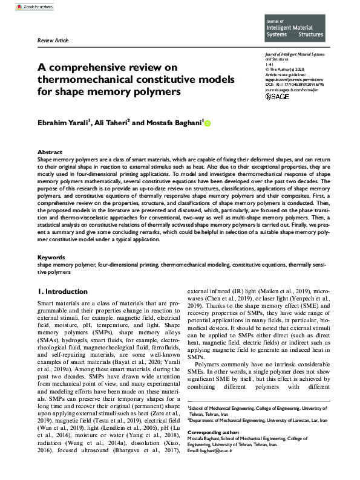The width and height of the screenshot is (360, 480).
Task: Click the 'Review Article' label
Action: pyautogui.click(x=54, y=40)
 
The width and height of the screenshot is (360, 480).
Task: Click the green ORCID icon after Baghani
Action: pyautogui.click(x=208, y=123)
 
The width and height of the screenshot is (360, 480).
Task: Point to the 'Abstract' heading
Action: pyautogui.click(x=50, y=152)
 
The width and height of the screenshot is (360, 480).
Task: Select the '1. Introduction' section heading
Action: pyautogui.click(x=62, y=291)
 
